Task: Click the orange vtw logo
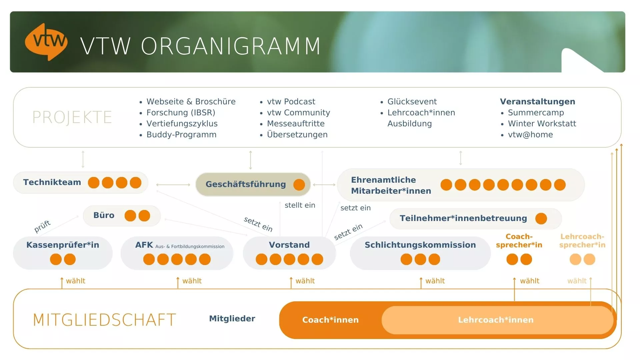pyautogui.click(x=46, y=42)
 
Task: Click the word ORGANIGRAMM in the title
pyautogui.click(x=231, y=46)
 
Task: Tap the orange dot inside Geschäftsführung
pyautogui.click(x=299, y=185)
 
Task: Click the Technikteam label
pyautogui.click(x=52, y=182)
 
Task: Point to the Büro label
pyautogui.click(x=104, y=215)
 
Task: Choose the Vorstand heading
pyautogui.click(x=289, y=245)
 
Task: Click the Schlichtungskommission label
pyautogui.click(x=420, y=245)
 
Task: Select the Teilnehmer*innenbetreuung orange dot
pyautogui.click(x=541, y=219)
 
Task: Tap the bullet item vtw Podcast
pyautogui.click(x=291, y=102)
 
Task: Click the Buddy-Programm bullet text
pyautogui.click(x=181, y=135)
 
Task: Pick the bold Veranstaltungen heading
pyautogui.click(x=537, y=102)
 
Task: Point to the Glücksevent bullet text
pyautogui.click(x=412, y=102)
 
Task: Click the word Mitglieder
pyautogui.click(x=232, y=319)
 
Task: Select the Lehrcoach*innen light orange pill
pyautogui.click(x=496, y=320)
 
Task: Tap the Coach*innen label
pyautogui.click(x=330, y=320)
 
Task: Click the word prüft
pyautogui.click(x=42, y=226)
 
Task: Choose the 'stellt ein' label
pyautogui.click(x=300, y=205)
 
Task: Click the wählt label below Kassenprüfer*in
pyautogui.click(x=75, y=281)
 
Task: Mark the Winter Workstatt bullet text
pyautogui.click(x=542, y=124)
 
